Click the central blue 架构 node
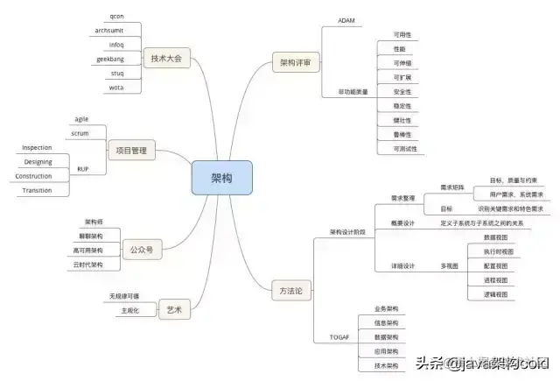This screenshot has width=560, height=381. (221, 178)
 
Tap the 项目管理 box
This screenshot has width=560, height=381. (130, 151)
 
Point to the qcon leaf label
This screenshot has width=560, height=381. (116, 17)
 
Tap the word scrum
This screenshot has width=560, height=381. (80, 133)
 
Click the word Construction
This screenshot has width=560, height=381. (33, 176)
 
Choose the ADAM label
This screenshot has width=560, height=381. (346, 20)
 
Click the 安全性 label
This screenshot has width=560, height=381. (402, 92)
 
